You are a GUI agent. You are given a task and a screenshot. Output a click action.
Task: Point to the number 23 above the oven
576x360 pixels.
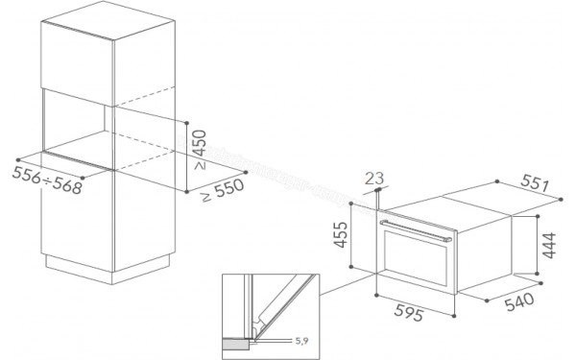pos(376,178)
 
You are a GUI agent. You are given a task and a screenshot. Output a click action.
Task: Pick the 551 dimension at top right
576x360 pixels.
pos(539,180)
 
